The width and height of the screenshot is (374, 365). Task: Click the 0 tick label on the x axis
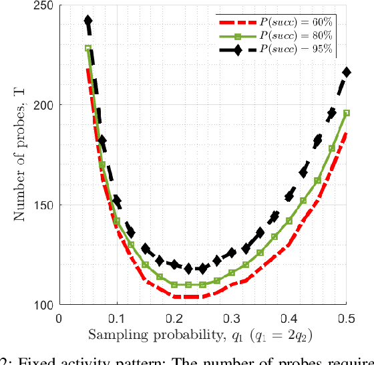tap(59, 318)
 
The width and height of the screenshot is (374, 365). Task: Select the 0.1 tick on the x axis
tap(117, 318)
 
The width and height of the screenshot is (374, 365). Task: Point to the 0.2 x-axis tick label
tap(174, 318)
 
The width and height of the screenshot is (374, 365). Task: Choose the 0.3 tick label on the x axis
tap(232, 318)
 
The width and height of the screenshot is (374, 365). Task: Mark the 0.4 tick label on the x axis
tap(289, 318)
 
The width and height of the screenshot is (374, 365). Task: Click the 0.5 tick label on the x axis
tap(347, 318)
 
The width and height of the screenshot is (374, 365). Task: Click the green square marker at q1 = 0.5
tap(347, 114)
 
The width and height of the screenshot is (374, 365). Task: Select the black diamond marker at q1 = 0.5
tap(347, 72)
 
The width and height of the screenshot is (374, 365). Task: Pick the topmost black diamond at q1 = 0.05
tap(88, 21)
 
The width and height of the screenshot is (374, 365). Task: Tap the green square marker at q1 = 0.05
tap(88, 49)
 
